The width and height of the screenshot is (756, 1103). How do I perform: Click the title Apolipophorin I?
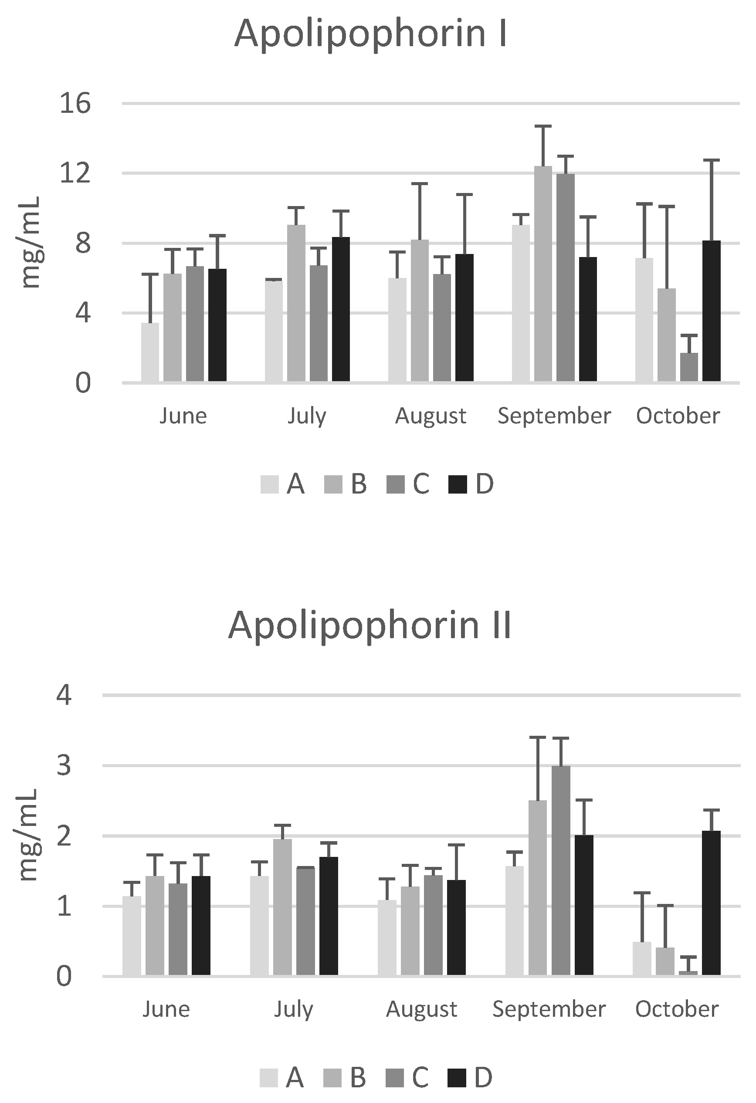tap(371, 34)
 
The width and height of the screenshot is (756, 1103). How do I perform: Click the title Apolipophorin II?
tap(370, 626)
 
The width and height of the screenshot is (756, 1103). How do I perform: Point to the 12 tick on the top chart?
tap(75, 173)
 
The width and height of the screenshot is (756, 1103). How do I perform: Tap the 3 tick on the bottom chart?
tap(64, 765)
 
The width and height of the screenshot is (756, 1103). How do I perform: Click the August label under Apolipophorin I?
tap(431, 416)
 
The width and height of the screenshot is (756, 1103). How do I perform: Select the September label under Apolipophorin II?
tap(549, 1009)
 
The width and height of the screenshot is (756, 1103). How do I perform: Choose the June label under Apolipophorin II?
tap(166, 1009)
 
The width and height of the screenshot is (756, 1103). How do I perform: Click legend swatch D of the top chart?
tap(458, 484)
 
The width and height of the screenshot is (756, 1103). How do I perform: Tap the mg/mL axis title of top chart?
tap(32, 243)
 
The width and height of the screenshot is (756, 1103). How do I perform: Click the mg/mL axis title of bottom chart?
tap(28, 836)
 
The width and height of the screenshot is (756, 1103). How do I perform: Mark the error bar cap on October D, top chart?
tap(712, 160)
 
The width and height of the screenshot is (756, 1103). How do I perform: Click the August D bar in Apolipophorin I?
tap(464, 318)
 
